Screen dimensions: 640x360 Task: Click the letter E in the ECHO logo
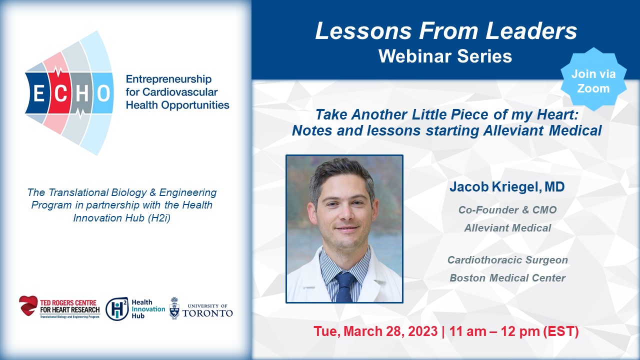(x=39, y=93)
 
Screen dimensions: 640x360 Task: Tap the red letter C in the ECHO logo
(x=60, y=93)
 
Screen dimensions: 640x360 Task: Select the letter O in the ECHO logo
(x=103, y=93)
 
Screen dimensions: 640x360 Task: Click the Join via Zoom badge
(x=593, y=81)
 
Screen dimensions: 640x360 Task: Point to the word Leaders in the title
(x=531, y=30)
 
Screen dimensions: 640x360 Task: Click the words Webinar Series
(x=445, y=56)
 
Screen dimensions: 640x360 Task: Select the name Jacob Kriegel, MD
(x=507, y=187)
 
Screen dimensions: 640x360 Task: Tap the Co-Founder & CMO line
(x=507, y=210)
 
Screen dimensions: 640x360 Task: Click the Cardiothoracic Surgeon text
(x=507, y=260)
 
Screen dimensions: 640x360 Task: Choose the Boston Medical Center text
(x=507, y=278)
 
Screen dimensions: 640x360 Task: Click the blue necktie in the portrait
(x=345, y=286)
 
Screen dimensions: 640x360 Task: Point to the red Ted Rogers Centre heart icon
(x=28, y=305)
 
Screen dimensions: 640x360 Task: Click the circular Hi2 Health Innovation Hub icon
(x=117, y=309)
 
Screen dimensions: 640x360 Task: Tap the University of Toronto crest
(x=174, y=308)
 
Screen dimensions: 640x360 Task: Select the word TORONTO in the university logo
(x=207, y=313)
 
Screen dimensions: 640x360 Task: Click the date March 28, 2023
(x=390, y=331)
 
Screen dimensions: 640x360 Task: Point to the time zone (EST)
(x=560, y=331)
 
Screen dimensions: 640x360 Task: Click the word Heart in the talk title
(x=557, y=115)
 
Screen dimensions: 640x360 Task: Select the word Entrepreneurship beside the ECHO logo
(x=169, y=79)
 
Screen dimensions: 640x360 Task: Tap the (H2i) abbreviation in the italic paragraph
(x=159, y=218)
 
